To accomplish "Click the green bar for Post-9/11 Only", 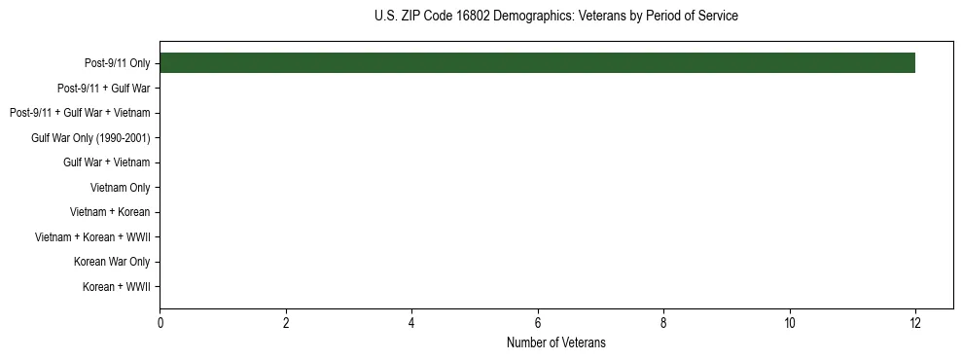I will click(x=537, y=63).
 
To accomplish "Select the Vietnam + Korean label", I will click(x=110, y=212).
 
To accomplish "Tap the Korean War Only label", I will click(x=112, y=262).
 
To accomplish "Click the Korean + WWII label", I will click(x=116, y=286).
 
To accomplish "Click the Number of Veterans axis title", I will click(x=555, y=342).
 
